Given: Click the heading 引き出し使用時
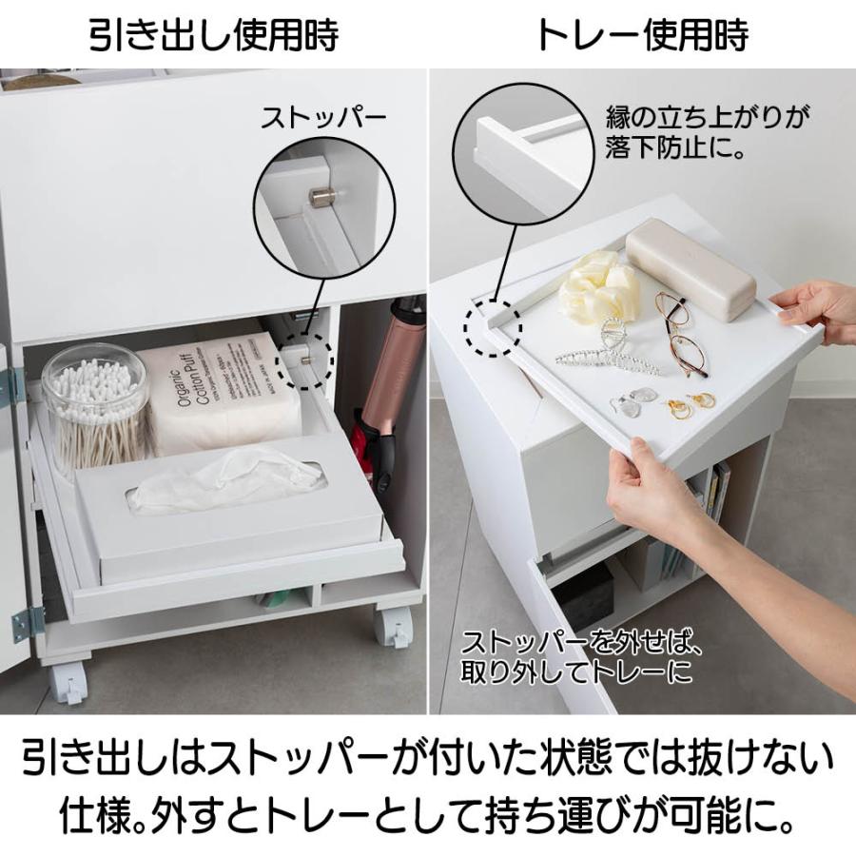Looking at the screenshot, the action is point(214,34).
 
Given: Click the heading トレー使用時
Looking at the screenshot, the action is point(642,34).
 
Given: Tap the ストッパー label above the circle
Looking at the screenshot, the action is point(323,118).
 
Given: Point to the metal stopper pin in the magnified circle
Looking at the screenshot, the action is point(319,197).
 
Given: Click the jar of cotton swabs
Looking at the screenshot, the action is point(94,408).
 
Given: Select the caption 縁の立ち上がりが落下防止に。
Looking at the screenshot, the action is point(707,132).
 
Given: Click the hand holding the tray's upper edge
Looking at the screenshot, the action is point(813,312).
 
